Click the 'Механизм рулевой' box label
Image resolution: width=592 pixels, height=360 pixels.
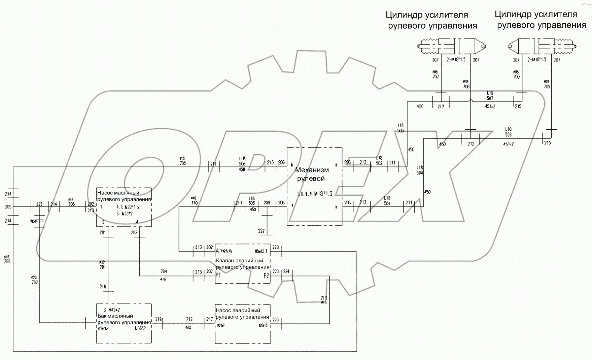click(x=312, y=174)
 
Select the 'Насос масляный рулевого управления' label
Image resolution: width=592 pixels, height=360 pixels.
click(x=124, y=196)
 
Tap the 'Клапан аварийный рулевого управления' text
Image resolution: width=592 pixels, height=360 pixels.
click(x=239, y=264)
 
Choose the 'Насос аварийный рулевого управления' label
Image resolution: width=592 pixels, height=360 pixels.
click(x=242, y=314)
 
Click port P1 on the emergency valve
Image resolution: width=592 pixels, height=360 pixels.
click(x=218, y=275)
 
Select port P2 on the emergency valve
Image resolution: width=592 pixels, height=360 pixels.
click(x=266, y=275)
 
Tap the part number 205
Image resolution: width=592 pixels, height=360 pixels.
click(x=8, y=207)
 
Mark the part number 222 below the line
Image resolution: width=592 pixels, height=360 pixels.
click(x=262, y=231)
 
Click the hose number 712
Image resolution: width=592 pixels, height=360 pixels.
click(x=189, y=319)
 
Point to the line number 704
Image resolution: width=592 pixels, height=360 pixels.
click(x=164, y=271)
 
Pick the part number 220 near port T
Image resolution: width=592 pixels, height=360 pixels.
click(x=276, y=248)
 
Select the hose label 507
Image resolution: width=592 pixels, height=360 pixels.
click(x=490, y=98)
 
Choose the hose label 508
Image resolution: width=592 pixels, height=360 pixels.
click(x=508, y=135)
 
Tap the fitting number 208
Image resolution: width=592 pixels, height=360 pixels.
click(x=267, y=203)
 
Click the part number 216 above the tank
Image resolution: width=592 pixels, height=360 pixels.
click(x=103, y=287)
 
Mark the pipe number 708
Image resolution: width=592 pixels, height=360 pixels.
click(x=466, y=87)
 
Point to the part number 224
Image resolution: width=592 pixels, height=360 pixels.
click(x=286, y=271)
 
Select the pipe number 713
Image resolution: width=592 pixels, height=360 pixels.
click(x=324, y=298)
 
